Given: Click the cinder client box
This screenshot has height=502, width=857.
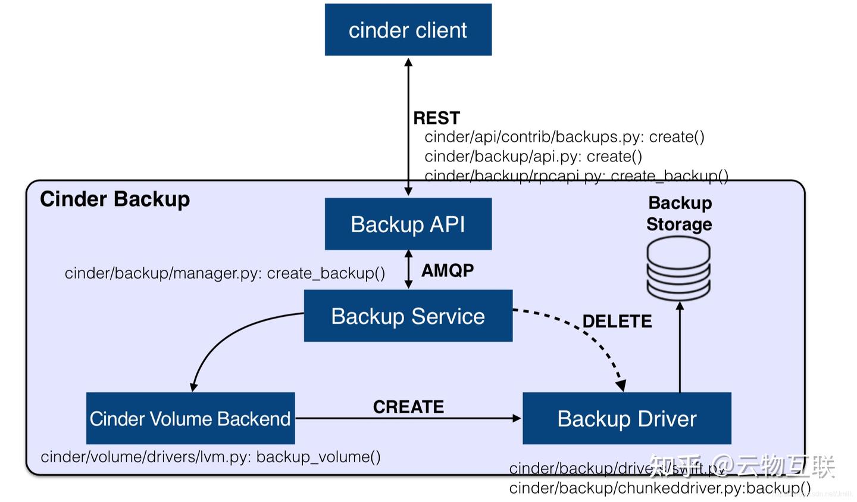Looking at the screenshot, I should coord(408,30).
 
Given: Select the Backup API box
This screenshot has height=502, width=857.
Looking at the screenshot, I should coord(408,224).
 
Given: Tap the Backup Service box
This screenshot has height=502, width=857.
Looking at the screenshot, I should coord(408,316).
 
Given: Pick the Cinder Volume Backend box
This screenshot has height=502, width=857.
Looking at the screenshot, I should coord(190,418).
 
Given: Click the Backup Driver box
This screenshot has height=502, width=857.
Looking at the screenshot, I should coord(626,418).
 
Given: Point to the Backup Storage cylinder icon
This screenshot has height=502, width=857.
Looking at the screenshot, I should coord(678,267).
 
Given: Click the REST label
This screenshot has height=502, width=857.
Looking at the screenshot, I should coord(436,118).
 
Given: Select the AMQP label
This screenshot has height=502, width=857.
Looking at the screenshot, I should coord(448,270).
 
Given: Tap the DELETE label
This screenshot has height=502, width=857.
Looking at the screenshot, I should coord(617,322).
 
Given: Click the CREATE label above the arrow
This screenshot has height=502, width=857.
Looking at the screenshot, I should coord(408,407).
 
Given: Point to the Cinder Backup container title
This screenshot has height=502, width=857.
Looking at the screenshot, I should coord(115,199).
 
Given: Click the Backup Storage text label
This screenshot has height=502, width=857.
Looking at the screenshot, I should coord(679,213).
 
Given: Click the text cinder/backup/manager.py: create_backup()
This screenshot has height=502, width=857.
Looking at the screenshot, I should coord(225,273).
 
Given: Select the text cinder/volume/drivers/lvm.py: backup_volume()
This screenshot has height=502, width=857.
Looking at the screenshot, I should coord(211,457).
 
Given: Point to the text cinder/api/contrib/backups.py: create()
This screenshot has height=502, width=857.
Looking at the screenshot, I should coord(564,137).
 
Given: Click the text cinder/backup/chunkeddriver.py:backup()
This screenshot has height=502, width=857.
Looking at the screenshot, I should coord(659,488).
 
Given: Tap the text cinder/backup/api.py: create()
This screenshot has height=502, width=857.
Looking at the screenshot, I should coord(533,157).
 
